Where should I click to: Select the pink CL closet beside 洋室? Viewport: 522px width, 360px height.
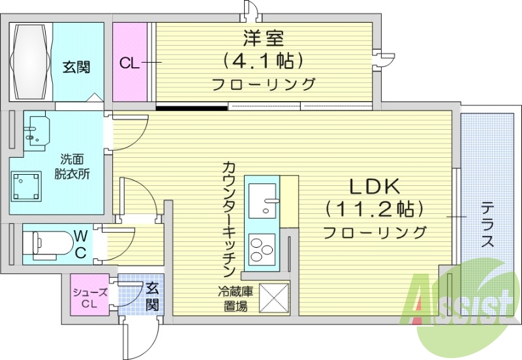pos(130,63)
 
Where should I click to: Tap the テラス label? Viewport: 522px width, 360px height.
pos(487,225)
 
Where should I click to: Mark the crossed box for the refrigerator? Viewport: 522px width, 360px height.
pos(274,297)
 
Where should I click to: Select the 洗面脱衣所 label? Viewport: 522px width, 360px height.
pos(72,166)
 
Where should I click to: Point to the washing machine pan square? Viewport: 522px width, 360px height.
pos(27,187)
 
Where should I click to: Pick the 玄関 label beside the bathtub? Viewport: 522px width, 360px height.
pos(76,66)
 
